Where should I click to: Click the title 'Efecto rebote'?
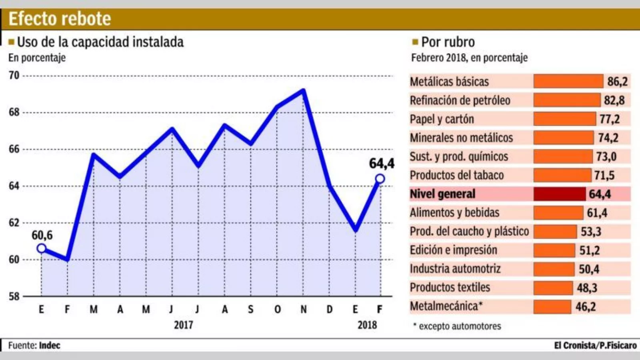tap(60, 19)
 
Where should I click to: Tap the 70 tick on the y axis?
tap(14, 75)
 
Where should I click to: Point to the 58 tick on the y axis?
tap(14, 296)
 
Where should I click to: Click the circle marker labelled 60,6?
tap(42, 248)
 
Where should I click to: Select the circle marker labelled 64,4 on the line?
tap(380, 179)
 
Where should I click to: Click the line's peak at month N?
tap(304, 91)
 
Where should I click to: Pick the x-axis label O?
tap(277, 309)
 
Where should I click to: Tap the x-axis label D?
tap(330, 309)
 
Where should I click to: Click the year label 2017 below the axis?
tap(184, 324)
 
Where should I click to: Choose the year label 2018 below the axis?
tap(367, 324)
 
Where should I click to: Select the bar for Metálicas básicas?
tap(568, 81)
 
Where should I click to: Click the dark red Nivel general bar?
tap(560, 194)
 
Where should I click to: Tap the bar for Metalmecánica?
tap(552, 307)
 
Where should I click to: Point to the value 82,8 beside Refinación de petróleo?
tap(614, 100)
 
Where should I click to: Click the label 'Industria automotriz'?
tap(455, 269)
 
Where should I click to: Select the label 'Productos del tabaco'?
tap(457, 175)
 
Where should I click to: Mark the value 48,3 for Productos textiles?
tap(587, 288)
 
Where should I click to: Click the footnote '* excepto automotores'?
tap(457, 326)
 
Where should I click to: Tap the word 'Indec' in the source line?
tap(50, 345)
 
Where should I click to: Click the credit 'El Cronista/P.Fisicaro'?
tap(595, 345)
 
